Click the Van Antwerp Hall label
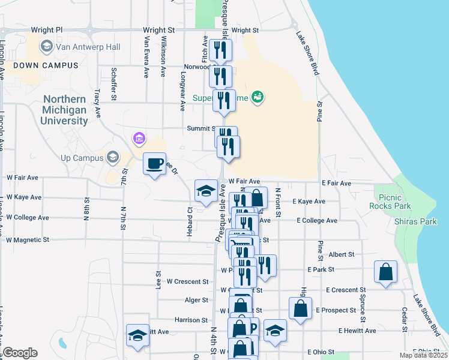tap(88, 47)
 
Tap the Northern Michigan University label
tap(64, 110)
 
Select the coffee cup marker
tap(155, 163)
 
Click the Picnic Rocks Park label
tap(394, 201)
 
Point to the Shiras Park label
tap(412, 221)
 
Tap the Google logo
tap(20, 353)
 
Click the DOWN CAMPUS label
tap(46, 65)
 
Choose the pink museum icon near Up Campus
tap(139, 140)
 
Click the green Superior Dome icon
tap(258, 96)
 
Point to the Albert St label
tap(342, 254)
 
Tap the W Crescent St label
tap(187, 281)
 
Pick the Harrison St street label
tap(191, 320)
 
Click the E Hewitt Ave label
tap(357, 331)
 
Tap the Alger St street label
tap(196, 300)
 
